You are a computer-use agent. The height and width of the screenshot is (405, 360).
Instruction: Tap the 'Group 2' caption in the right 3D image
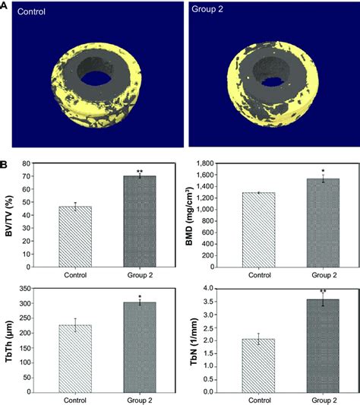(210, 13)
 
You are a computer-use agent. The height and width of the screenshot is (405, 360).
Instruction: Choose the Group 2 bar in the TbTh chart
(139, 346)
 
